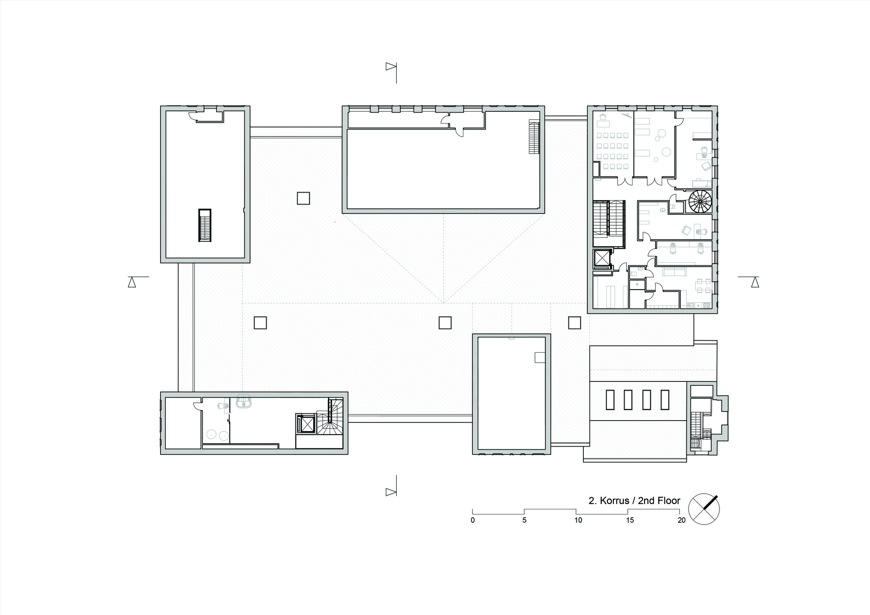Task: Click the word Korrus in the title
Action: point(614,501)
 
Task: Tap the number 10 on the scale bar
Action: point(578,520)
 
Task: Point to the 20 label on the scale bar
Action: point(681,520)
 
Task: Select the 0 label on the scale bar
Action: point(473,520)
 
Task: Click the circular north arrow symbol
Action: point(704,509)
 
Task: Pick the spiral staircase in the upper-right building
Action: point(700,201)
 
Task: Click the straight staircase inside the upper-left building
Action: point(205,225)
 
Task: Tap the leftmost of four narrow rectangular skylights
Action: point(610,400)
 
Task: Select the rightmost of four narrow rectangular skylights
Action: point(665,400)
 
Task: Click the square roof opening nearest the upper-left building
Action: point(304,198)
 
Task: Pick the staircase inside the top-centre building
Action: point(534,137)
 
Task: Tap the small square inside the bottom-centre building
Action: point(540,357)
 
